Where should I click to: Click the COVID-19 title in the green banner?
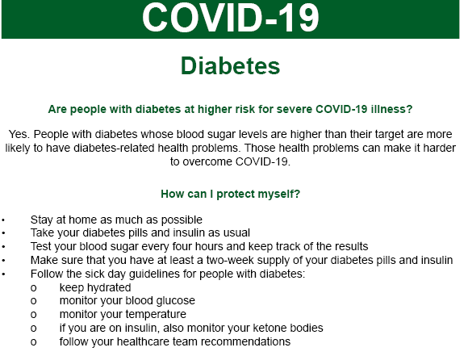(230, 19)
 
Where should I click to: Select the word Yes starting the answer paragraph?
(19, 133)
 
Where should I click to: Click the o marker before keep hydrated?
(33, 287)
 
